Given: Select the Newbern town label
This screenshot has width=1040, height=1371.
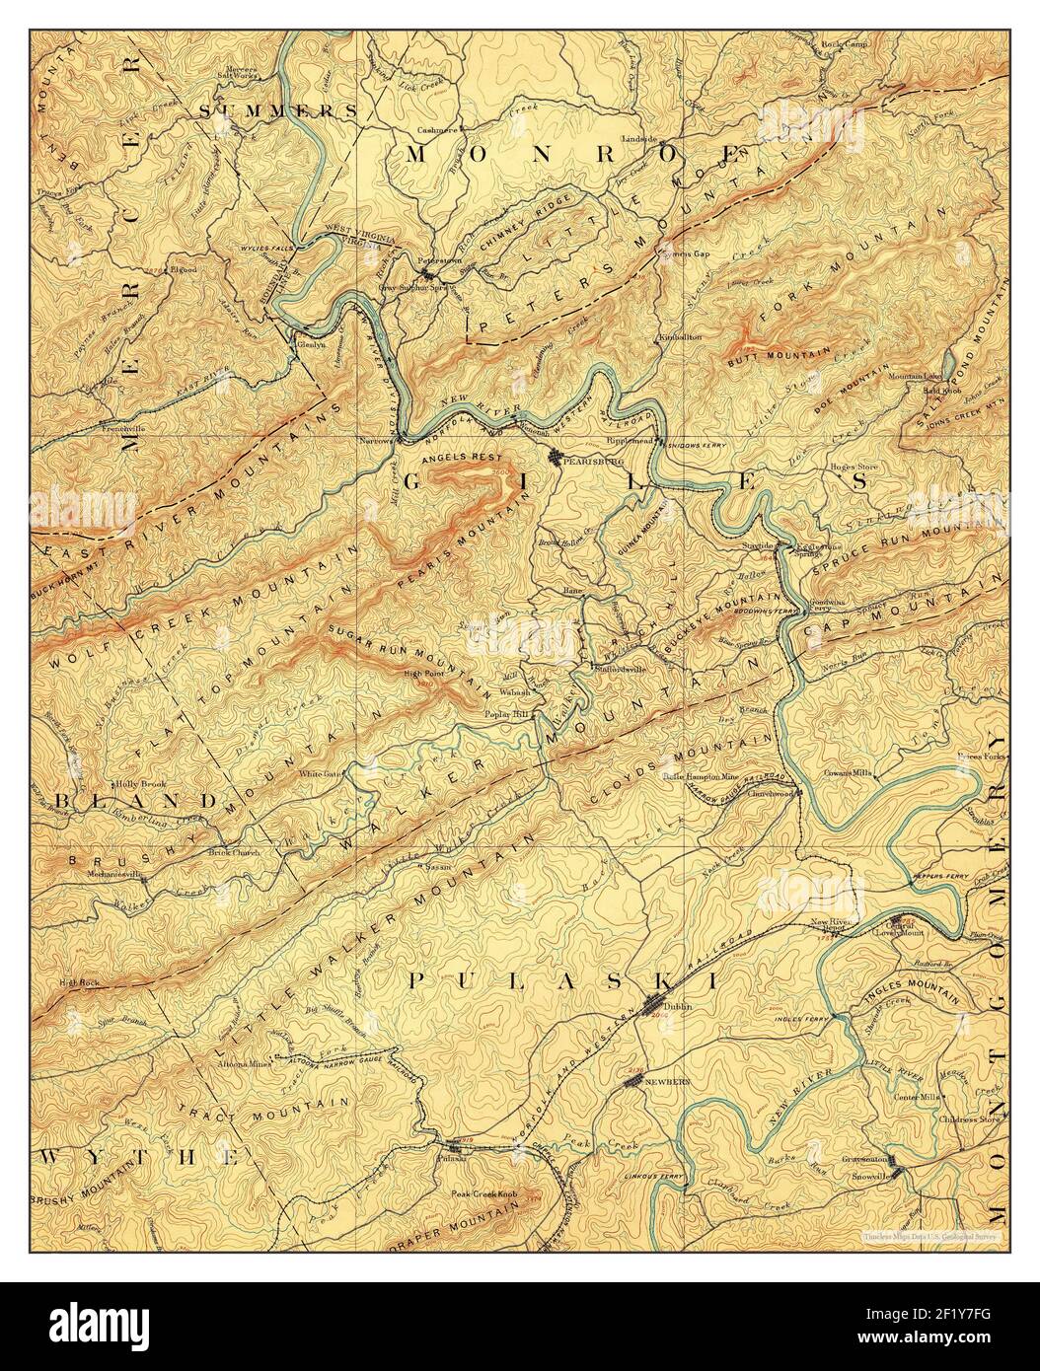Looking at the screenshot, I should (664, 1082).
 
